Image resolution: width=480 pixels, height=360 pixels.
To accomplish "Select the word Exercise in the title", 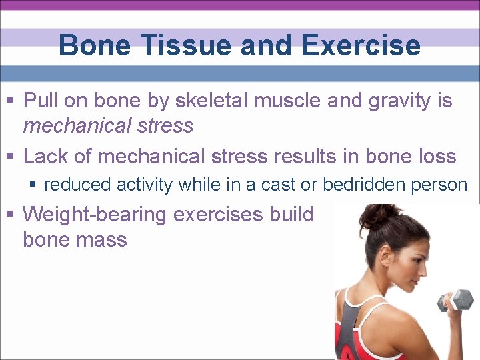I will coord(360,46).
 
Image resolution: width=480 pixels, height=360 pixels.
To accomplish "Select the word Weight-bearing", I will coord(97,215).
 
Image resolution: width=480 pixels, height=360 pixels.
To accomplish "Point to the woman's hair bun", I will coord(379,216).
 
